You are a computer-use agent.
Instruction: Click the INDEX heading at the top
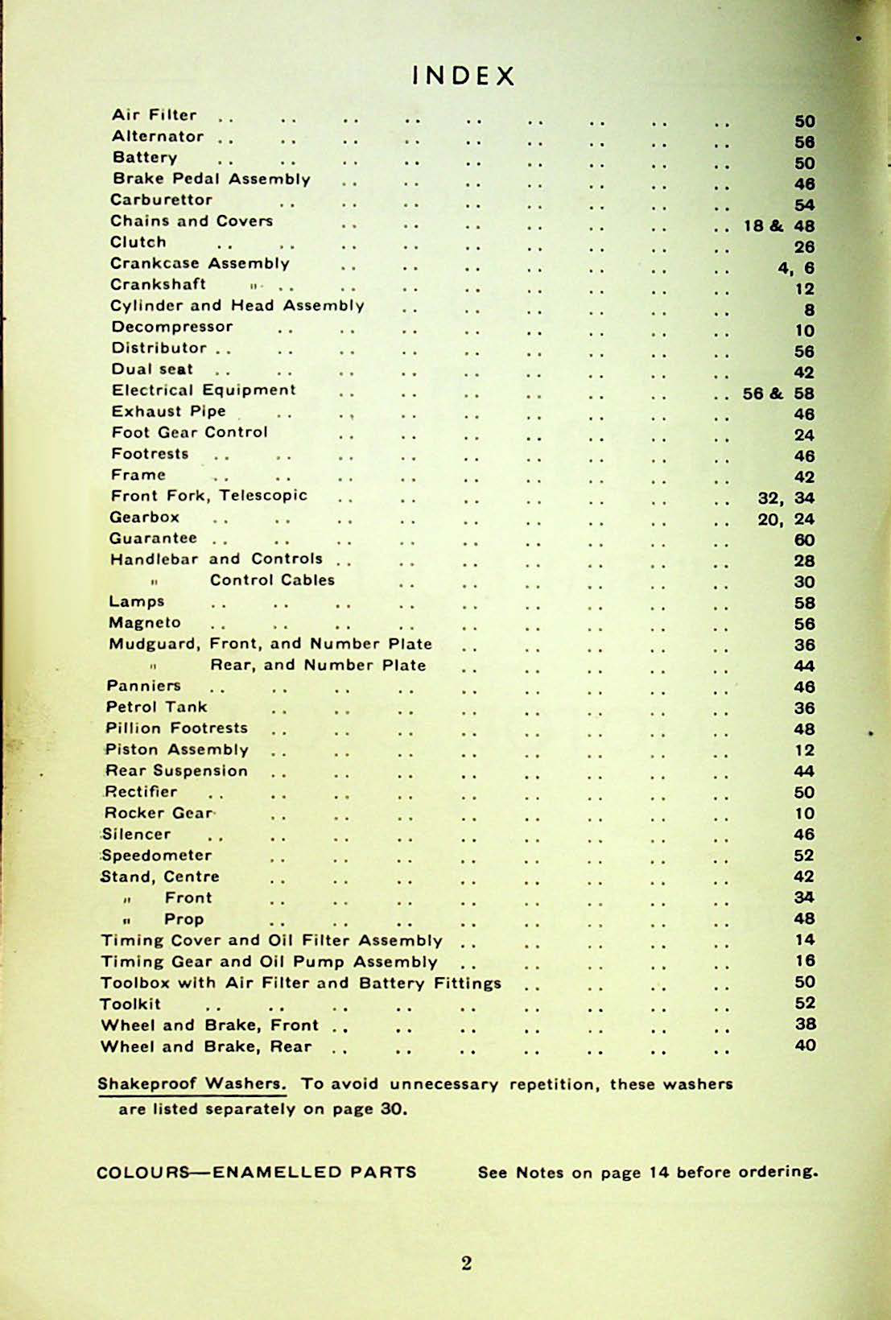tap(463, 76)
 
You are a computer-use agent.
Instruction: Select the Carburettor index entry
tap(162, 200)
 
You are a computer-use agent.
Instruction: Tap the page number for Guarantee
tap(804, 540)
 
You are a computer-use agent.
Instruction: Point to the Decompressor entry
tap(172, 327)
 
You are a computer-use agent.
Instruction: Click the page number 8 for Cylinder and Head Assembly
tap(809, 310)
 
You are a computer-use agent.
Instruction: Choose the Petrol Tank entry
tap(157, 707)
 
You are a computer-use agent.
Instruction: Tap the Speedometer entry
tap(157, 855)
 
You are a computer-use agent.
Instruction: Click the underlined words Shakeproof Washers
tap(192, 1083)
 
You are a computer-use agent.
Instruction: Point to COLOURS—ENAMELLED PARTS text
tap(257, 1172)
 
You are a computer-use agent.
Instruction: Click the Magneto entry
tap(145, 622)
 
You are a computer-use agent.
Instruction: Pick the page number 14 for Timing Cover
tap(804, 939)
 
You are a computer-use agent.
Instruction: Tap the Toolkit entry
tap(130, 1004)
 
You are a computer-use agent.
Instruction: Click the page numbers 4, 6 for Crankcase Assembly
tap(796, 268)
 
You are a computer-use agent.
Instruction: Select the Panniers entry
tap(144, 686)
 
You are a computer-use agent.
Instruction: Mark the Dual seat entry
tap(153, 369)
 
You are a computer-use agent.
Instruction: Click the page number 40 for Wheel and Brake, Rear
tap(804, 1046)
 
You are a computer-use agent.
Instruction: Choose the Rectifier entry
tap(142, 791)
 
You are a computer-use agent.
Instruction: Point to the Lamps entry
tap(137, 601)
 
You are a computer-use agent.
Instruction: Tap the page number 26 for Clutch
tap(804, 247)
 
